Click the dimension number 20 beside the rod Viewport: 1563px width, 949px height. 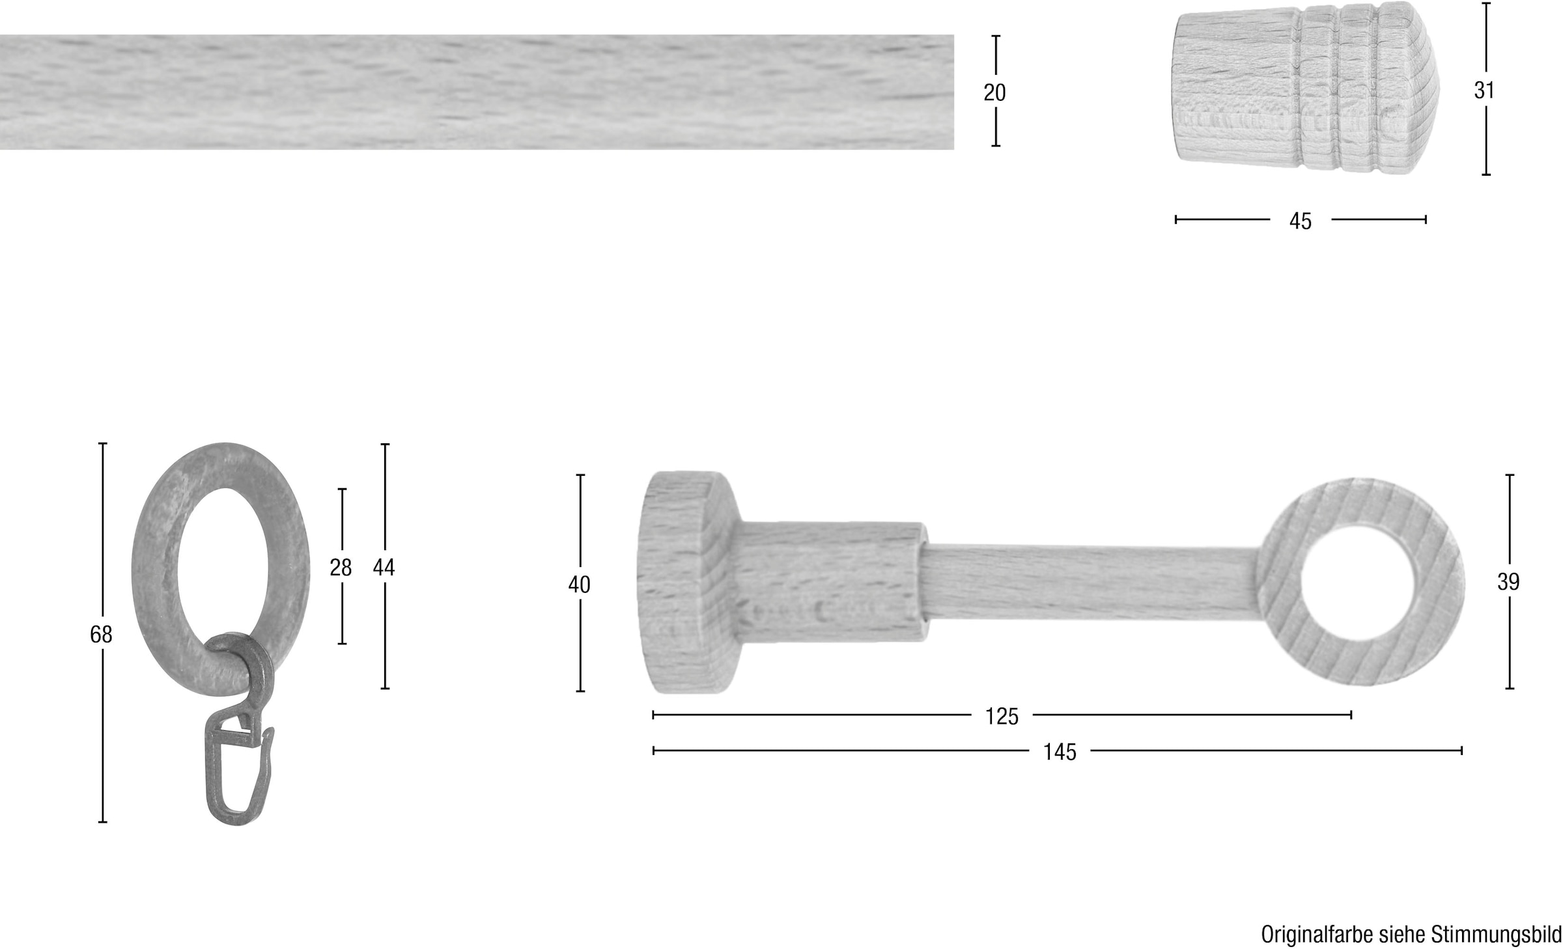[994, 93]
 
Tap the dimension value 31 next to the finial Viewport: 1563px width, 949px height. [1484, 90]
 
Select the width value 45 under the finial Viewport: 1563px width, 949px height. [1300, 221]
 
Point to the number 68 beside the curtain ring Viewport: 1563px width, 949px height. [101, 634]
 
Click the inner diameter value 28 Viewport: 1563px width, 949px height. [341, 568]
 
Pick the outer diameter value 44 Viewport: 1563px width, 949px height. [384, 568]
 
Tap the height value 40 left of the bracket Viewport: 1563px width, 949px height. [579, 585]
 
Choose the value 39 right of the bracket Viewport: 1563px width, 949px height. [1508, 581]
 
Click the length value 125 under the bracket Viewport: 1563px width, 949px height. [1002, 716]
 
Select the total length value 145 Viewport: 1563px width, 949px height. [1060, 752]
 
